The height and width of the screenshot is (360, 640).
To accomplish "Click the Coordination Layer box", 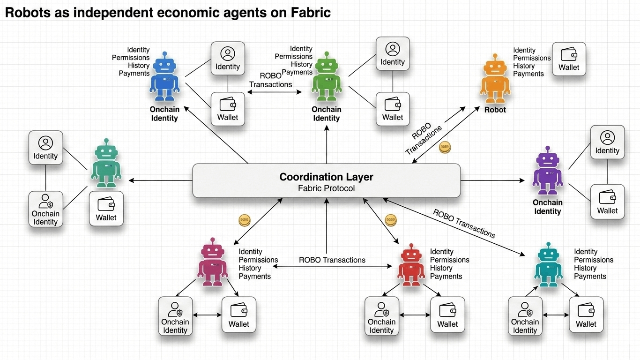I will click(327, 180).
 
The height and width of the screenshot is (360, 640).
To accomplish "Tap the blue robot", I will click(164, 77).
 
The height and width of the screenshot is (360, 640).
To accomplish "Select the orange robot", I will click(495, 80).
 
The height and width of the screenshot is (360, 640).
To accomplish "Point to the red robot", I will click(411, 265).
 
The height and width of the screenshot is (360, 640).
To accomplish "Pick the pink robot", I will click(213, 262).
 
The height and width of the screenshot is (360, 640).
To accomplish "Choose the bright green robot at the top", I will click(327, 77).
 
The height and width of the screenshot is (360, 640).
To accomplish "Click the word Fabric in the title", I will click(312, 13).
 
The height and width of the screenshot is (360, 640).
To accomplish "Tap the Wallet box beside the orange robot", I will click(569, 59).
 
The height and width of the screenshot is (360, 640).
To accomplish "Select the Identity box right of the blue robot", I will click(228, 59).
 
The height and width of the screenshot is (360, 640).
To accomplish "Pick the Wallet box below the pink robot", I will click(239, 315).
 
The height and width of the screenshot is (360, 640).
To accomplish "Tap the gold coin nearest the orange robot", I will click(445, 148).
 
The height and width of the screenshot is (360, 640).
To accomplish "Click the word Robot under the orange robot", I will click(495, 110).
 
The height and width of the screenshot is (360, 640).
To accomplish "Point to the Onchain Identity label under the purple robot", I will click(547, 207).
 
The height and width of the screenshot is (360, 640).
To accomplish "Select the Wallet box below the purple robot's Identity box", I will click(607, 202).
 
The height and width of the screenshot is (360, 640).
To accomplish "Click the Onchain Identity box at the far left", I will click(45, 209).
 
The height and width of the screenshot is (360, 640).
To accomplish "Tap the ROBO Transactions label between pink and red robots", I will click(332, 260).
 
